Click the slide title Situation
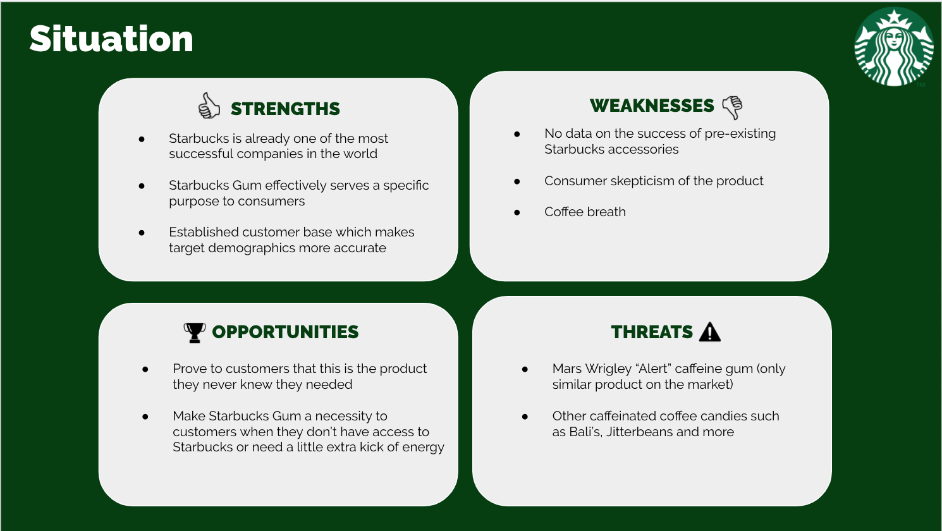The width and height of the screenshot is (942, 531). coord(111,39)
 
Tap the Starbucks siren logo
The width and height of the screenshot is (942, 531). coord(894,47)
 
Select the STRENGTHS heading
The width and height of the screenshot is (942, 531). coord(285,109)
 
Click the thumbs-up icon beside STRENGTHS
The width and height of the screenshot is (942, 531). coord(209,106)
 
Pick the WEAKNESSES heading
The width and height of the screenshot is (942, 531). coord(652,106)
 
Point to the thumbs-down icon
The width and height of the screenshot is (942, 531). coord(732,107)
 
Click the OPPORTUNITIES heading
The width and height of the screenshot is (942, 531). coord(285,332)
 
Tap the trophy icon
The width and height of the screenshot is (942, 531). coord(195,333)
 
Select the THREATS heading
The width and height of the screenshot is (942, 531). coord(652,332)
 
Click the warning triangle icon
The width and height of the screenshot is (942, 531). coord(710,332)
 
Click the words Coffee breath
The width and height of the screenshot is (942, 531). coord(585,212)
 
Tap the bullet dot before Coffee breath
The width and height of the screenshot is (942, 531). coord(517,213)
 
